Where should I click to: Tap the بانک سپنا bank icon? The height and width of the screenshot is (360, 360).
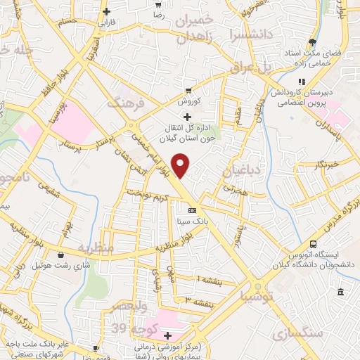(x=192, y=210)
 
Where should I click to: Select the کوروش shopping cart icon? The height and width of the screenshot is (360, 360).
(x=188, y=90)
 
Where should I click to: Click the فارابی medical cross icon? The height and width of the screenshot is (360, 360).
(x=106, y=11)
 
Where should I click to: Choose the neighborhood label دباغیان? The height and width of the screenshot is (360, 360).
(x=241, y=170)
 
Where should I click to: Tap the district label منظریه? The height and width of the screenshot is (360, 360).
(x=95, y=247)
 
